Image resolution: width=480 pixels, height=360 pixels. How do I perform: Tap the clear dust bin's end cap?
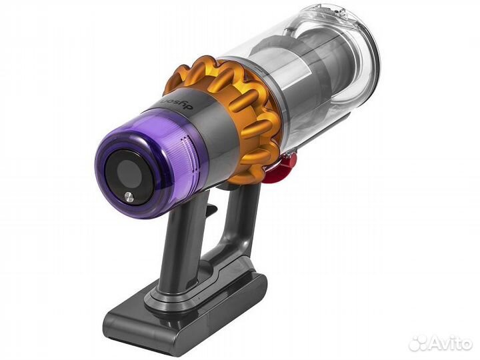[353, 47]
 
